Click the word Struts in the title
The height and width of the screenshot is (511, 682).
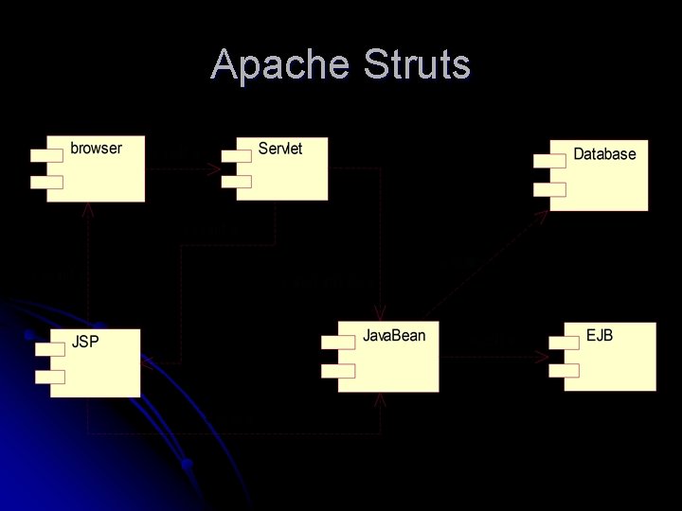tap(416, 65)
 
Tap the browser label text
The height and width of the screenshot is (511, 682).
tap(96, 149)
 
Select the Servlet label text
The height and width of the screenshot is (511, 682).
tap(280, 149)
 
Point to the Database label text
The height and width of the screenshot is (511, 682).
tap(604, 154)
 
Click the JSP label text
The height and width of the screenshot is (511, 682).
tap(85, 342)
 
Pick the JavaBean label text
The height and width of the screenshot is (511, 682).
tap(394, 336)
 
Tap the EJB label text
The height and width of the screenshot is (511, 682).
tap(600, 336)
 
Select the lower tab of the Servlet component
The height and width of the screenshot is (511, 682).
tap(236, 182)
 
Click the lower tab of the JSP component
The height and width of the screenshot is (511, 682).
tap(49, 377)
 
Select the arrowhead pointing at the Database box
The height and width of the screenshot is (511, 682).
tap(543, 215)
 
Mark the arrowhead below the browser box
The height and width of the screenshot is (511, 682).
tap(88, 209)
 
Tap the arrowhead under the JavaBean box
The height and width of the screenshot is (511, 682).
tap(381, 399)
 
